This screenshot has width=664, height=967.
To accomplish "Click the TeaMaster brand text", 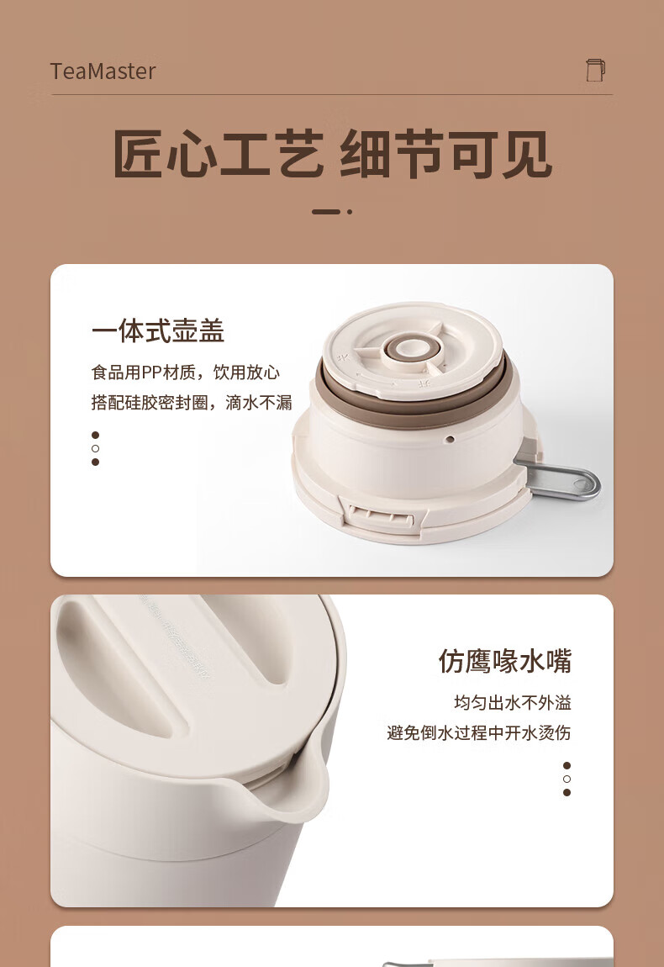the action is click(103, 71).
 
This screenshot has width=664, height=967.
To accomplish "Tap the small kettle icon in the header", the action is click(596, 70).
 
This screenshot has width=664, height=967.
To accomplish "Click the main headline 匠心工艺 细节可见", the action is click(332, 155).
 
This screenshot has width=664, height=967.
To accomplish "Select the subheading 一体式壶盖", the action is click(158, 331).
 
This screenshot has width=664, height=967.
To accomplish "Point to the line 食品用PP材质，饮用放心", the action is click(186, 373).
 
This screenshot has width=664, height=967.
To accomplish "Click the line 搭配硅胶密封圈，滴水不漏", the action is click(192, 403).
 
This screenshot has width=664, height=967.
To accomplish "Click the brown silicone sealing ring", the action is click(413, 401).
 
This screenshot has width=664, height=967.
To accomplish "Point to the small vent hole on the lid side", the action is click(450, 439).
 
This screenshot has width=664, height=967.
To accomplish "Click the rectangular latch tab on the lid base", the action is click(381, 516).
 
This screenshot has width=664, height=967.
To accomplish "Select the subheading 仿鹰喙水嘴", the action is click(505, 661).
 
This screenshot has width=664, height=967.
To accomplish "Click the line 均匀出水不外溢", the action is click(513, 702).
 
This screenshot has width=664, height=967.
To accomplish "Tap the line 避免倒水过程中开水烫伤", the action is click(479, 732).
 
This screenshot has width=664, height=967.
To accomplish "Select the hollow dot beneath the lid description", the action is click(95, 448).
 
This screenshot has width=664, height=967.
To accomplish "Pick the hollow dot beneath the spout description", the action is click(567, 779).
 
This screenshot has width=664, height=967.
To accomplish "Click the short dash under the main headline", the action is click(326, 212).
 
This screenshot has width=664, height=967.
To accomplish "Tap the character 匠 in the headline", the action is click(139, 155).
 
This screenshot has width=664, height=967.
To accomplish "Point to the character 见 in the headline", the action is click(526, 155).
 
